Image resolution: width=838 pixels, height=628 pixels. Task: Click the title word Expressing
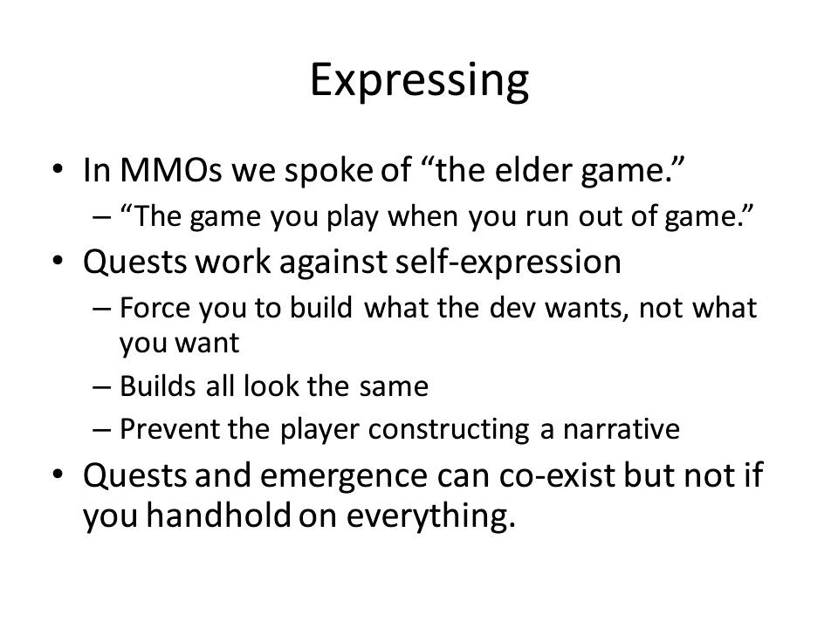(x=420, y=81)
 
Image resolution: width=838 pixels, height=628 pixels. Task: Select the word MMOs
(x=170, y=170)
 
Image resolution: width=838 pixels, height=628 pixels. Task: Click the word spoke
(x=328, y=171)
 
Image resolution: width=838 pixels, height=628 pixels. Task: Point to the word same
(x=394, y=386)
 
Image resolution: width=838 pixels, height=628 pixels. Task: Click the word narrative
(x=621, y=430)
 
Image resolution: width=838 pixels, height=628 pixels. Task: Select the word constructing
(x=449, y=430)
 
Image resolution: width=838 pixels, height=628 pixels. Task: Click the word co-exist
(x=557, y=475)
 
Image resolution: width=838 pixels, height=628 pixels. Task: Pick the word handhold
(x=218, y=515)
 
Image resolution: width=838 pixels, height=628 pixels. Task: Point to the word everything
(x=431, y=516)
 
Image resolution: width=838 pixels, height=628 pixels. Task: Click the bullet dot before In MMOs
(x=58, y=170)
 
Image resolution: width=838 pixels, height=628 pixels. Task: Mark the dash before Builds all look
(x=101, y=386)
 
